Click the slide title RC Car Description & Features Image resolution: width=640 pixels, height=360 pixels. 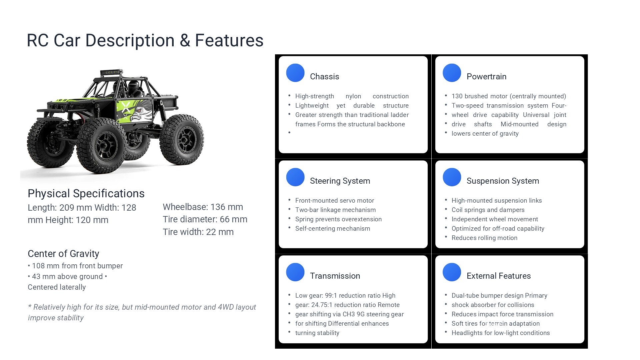[145, 40]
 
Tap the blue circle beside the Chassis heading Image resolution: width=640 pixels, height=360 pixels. [295, 73]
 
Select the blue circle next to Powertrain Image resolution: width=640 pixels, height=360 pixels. [452, 73]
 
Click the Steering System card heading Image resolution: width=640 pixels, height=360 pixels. [340, 181]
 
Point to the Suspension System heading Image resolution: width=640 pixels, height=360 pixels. [503, 181]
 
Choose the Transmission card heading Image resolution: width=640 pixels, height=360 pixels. [335, 276]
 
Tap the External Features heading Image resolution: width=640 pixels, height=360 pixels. [499, 276]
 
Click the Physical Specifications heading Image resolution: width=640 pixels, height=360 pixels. [86, 194]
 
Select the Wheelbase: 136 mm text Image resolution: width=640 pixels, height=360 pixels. [203, 207]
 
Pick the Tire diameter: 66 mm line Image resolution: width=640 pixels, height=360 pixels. [205, 219]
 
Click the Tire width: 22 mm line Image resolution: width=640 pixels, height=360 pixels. [198, 232]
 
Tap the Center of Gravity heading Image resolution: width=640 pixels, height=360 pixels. [63, 254]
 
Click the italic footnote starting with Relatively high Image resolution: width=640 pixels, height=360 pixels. [142, 312]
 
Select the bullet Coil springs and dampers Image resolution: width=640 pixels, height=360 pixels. [488, 210]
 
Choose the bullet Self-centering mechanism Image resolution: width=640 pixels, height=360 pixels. [333, 229]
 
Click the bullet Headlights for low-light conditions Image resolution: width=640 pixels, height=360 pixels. [501, 333]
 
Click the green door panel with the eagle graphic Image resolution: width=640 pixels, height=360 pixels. [134, 111]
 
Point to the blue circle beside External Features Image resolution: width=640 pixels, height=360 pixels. [452, 272]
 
